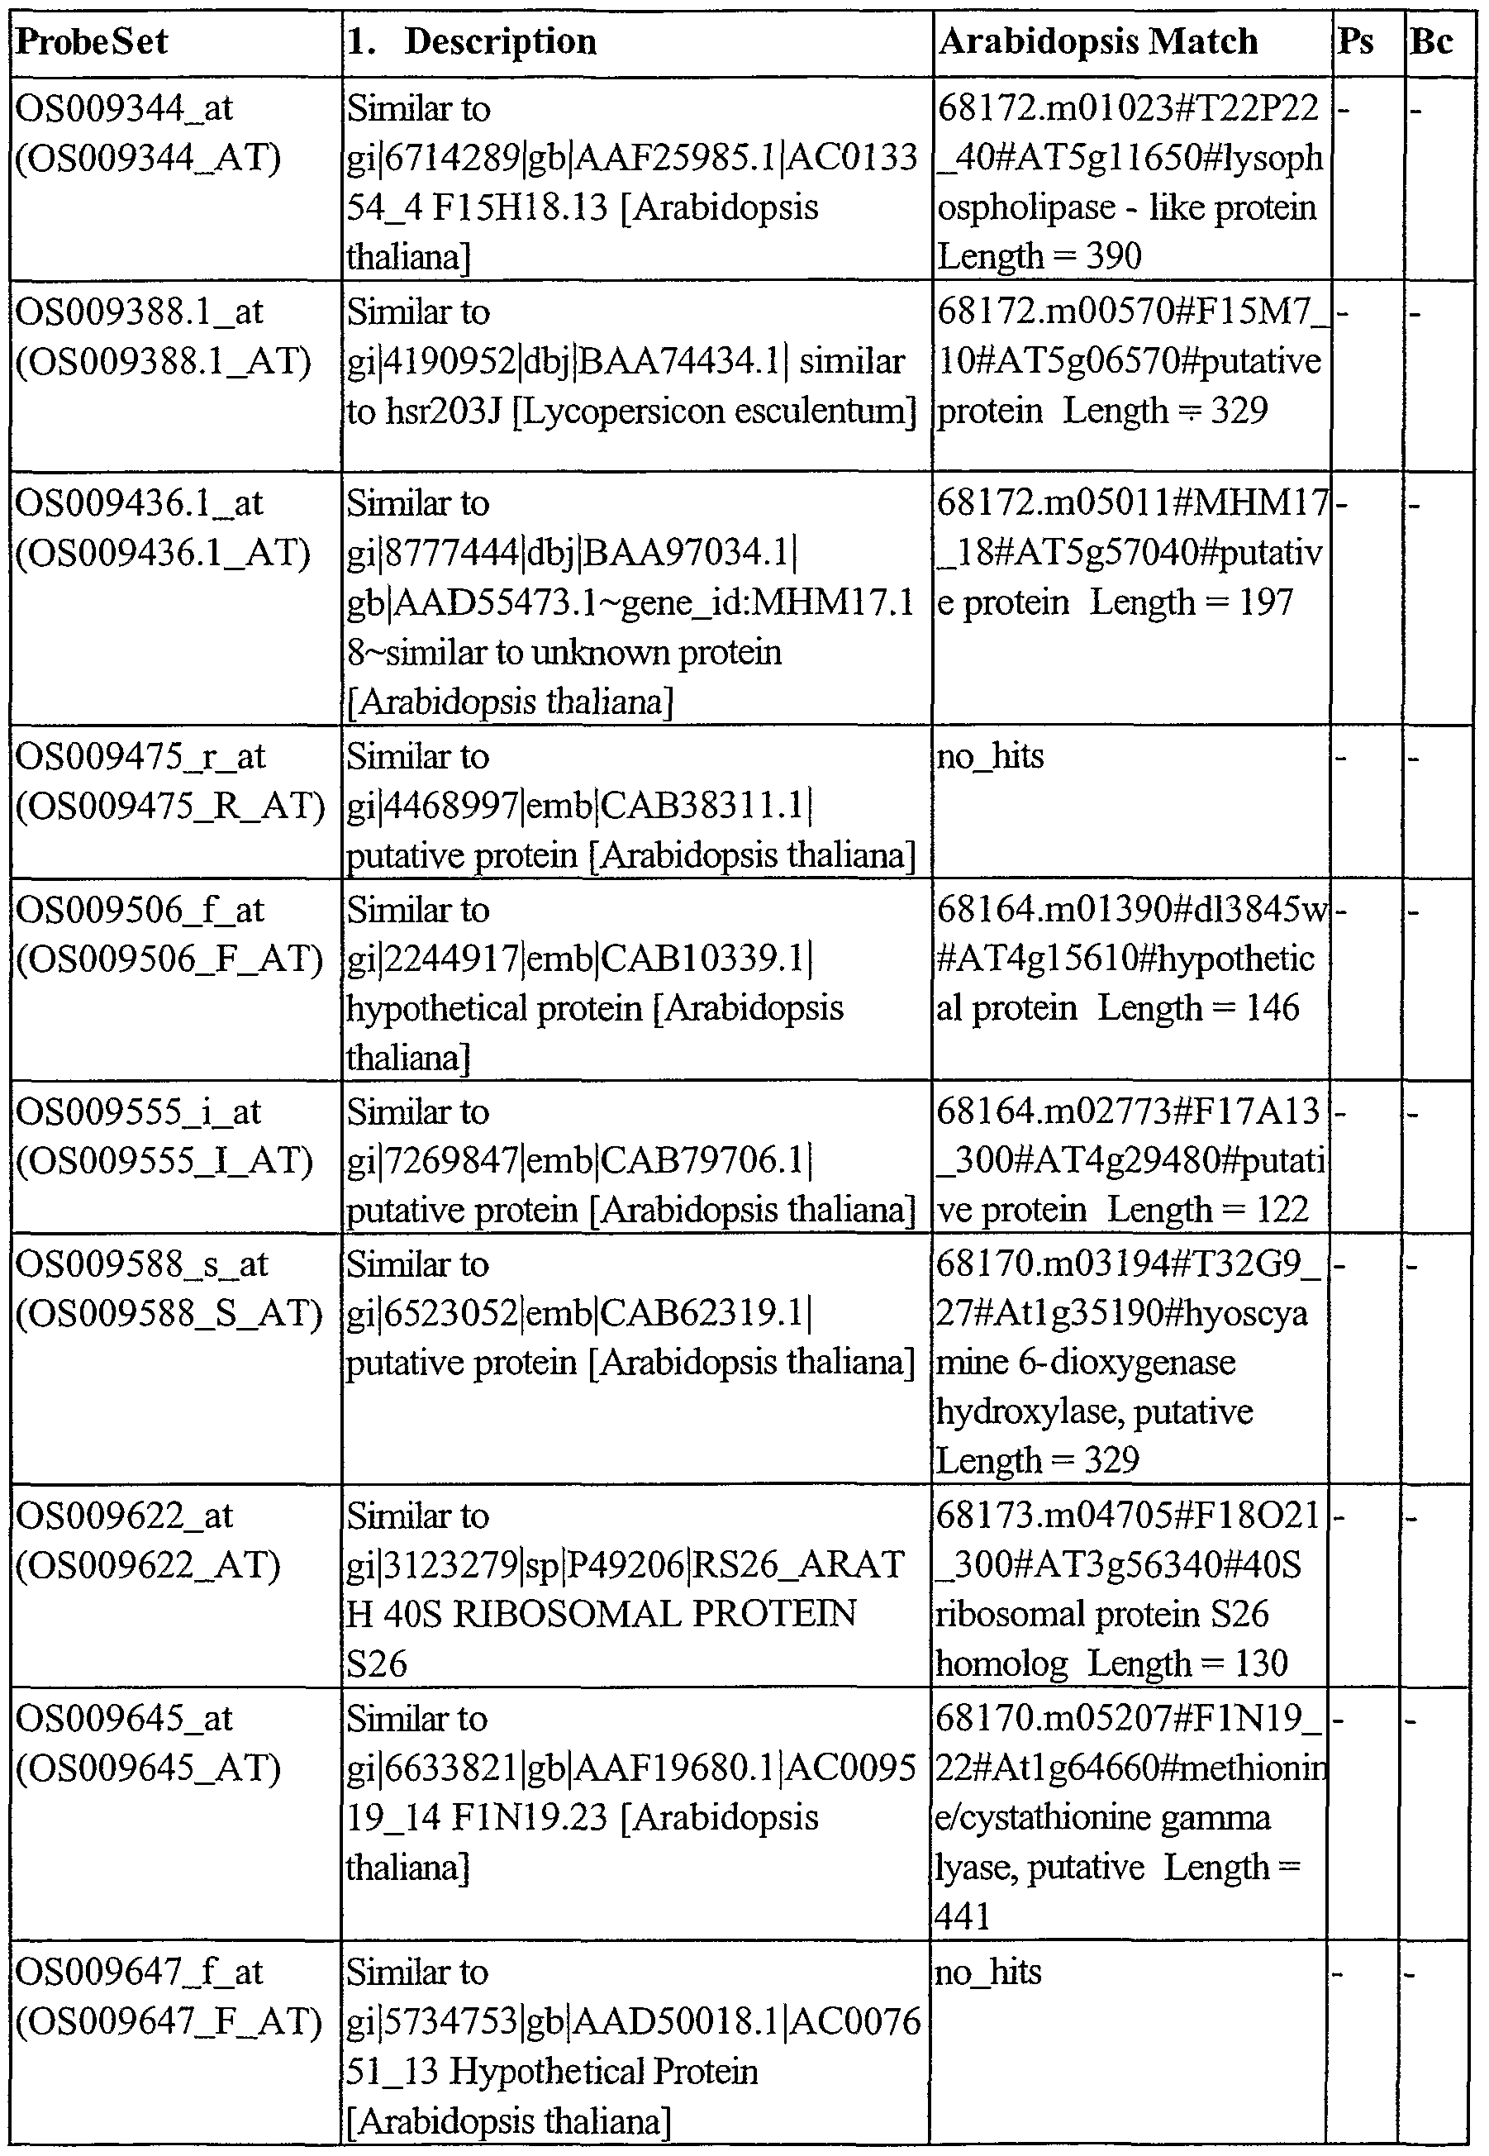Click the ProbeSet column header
[x=93, y=42]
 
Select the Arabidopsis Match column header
[x=1098, y=42]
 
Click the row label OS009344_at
[x=124, y=109]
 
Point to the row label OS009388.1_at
[x=140, y=312]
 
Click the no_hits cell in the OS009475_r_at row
[x=990, y=755]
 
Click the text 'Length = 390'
[x=1039, y=255]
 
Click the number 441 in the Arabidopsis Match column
[x=963, y=1916]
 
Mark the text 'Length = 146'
[x=1198, y=1007]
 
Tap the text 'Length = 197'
[x=1192, y=602]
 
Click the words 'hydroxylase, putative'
[x=1094, y=1411]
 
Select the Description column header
[x=500, y=42]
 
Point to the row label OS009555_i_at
[x=138, y=1112]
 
